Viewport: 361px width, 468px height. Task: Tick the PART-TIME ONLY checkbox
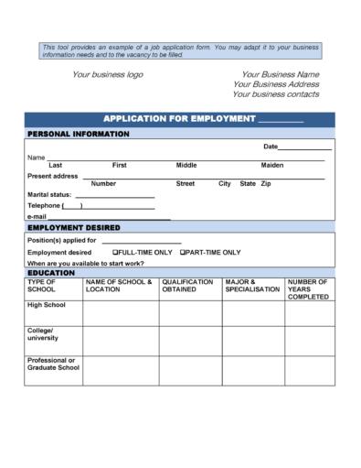(x=183, y=252)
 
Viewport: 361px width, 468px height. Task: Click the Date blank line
(x=304, y=147)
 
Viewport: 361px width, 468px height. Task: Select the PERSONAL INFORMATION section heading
(x=79, y=134)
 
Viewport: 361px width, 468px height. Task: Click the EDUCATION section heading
(x=51, y=273)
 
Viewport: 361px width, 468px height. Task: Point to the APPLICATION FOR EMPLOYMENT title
(x=178, y=120)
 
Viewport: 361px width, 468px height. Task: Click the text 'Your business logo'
(x=108, y=74)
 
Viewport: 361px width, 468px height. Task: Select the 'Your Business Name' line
(x=280, y=74)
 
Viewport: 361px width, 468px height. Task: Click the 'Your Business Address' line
(x=276, y=84)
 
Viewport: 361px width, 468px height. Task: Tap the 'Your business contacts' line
(x=275, y=94)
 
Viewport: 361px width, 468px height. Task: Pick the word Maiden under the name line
(x=272, y=166)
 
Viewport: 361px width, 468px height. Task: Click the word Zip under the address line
(x=266, y=184)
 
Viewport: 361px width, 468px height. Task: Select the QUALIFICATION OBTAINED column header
(x=187, y=286)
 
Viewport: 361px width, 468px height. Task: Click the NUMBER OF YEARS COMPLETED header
(x=308, y=289)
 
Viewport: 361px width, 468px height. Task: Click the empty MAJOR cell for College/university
(x=252, y=338)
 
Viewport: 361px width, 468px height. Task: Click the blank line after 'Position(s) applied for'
(x=141, y=241)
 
